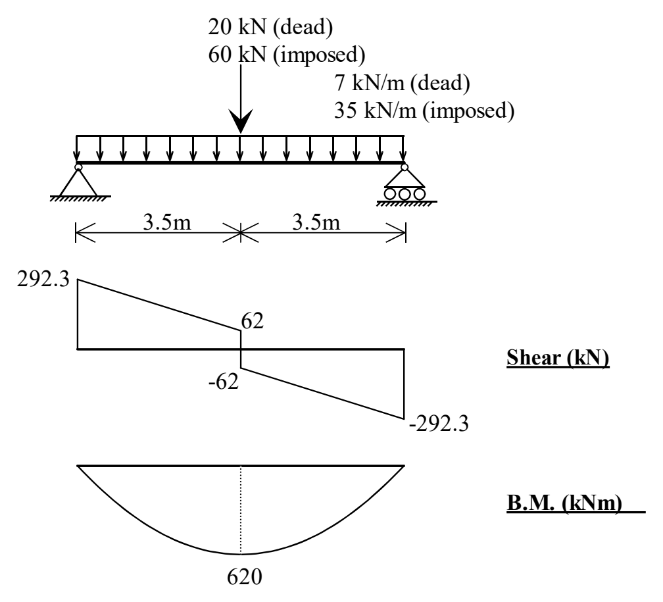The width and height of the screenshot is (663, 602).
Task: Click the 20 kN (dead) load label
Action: [x=270, y=28]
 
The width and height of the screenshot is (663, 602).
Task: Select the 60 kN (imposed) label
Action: [x=287, y=55]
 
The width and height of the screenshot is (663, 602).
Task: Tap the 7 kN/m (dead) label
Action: [x=402, y=84]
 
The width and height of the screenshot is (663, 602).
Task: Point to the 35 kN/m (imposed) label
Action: [x=424, y=111]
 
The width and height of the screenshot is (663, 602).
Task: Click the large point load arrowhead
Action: [x=241, y=121]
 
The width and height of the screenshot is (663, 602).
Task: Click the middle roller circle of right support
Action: [x=405, y=194]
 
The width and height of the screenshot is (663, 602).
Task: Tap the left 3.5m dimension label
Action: [x=168, y=222]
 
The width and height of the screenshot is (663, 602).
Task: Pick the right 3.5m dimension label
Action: [x=316, y=222]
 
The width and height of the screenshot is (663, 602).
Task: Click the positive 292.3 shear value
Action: [x=43, y=280]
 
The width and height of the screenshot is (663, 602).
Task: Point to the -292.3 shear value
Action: [x=439, y=424]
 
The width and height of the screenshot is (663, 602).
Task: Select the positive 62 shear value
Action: [x=253, y=321]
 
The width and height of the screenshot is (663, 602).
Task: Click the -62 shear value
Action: [x=224, y=382]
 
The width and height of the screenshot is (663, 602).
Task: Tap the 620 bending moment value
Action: [x=245, y=576]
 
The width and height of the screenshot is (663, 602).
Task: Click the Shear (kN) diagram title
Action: [x=558, y=358]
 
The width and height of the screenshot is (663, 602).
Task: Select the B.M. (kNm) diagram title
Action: [x=564, y=503]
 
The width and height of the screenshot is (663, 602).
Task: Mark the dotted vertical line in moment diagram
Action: [x=241, y=510]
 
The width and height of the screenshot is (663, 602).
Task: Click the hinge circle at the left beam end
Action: [x=78, y=167]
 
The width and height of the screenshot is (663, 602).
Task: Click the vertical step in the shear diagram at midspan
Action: [x=241, y=349]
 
